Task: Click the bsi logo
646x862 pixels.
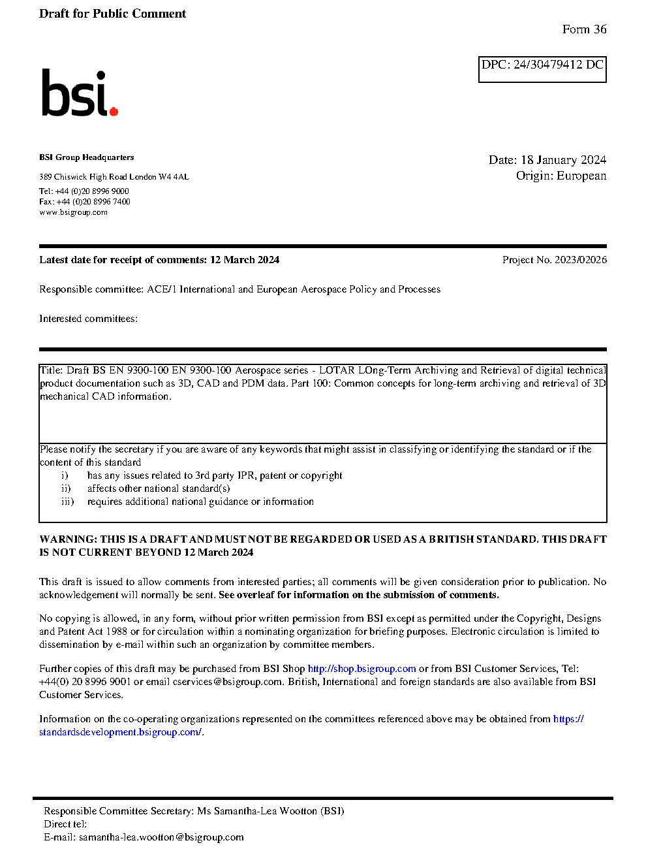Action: coord(79,93)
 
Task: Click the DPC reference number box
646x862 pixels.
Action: coord(542,69)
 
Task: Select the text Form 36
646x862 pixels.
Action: coord(584,29)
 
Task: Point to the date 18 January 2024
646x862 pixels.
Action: coord(563,160)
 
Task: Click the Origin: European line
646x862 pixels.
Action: coord(561,176)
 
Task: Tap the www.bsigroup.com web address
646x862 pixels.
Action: coord(73,212)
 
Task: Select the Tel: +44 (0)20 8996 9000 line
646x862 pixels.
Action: coord(84,191)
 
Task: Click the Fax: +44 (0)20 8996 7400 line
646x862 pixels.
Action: coord(85,202)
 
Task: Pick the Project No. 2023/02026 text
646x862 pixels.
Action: coord(554,260)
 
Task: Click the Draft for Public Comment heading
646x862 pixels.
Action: coord(112,14)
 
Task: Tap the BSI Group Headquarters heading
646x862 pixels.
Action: coord(86,157)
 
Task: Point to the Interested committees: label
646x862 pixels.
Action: coord(88,319)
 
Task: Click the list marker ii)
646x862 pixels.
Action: coord(66,488)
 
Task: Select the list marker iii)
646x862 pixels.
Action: coord(67,502)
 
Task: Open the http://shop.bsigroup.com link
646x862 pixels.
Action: coord(361,669)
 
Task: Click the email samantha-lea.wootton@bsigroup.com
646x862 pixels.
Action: coord(161,837)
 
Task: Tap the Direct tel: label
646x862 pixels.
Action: coord(65,824)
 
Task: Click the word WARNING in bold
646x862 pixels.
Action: coord(68,539)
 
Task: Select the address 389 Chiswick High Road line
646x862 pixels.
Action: coord(114,177)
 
